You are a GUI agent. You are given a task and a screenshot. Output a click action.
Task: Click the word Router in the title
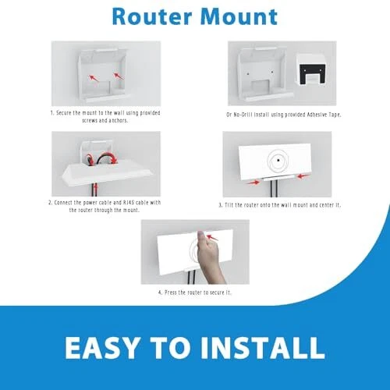click(152, 16)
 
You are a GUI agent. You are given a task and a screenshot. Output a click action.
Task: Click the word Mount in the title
click(239, 16)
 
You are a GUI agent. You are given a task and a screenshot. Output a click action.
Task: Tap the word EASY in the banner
click(102, 348)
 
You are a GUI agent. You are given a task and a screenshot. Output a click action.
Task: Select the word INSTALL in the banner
click(263, 348)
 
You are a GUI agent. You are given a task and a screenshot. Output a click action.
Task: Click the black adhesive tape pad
click(312, 73)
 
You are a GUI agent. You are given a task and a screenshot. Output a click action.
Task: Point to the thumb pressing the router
click(200, 237)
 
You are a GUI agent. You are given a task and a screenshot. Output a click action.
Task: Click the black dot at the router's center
click(278, 161)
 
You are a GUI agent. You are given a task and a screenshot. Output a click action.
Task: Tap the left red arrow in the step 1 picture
click(94, 78)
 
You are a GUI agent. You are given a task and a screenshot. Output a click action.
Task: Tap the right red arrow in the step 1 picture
click(119, 76)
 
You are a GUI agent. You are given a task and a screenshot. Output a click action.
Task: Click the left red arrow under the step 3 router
click(253, 183)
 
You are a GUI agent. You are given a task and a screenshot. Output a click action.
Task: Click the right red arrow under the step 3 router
click(303, 176)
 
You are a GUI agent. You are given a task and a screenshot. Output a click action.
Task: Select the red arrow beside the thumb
click(212, 237)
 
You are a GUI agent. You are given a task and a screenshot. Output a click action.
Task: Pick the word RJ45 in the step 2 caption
click(129, 203)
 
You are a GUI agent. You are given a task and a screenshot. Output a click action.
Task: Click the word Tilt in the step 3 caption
click(229, 205)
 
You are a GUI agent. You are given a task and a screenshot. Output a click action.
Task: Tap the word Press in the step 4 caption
click(171, 292)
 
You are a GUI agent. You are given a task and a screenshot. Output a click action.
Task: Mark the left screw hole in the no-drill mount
click(248, 74)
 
